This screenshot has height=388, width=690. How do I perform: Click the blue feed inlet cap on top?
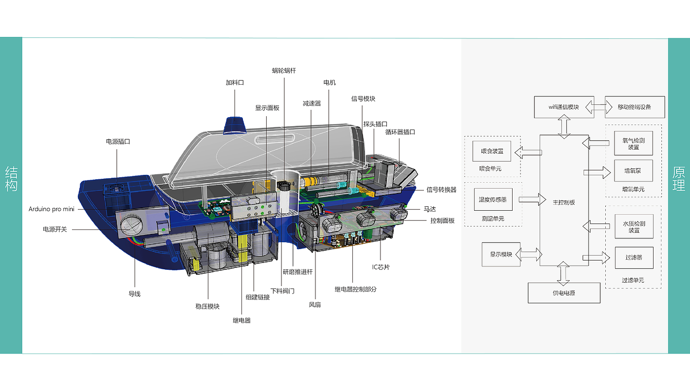click(235, 126)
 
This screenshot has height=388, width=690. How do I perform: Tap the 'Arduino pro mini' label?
click(51, 209)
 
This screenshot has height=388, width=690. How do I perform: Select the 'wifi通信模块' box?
click(564, 107)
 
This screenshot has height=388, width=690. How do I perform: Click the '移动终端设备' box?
click(635, 107)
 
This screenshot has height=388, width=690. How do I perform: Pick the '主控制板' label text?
click(564, 202)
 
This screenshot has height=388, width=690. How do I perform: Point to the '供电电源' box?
click(564, 293)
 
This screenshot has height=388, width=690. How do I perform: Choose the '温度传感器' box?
click(493, 199)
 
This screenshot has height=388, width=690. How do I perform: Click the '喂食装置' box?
click(492, 151)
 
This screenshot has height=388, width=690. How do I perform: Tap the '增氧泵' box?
click(633, 170)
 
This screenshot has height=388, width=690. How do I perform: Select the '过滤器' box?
click(634, 258)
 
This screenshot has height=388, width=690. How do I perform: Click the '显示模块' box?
click(501, 255)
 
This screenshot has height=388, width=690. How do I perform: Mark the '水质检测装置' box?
click(634, 227)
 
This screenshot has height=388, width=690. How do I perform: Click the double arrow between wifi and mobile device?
click(599, 107)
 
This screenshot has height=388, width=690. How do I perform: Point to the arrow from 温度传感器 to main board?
click(532, 199)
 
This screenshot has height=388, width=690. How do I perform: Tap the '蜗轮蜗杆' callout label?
click(284, 71)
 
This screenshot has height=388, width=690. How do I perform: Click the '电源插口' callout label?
click(118, 141)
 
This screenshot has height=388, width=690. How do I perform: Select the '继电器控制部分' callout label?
click(355, 289)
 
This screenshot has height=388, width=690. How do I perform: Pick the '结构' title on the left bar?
click(11, 179)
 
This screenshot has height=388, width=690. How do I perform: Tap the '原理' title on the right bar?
click(679, 179)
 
